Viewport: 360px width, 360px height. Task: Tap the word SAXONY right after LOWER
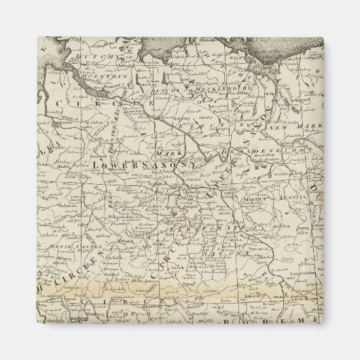pos(169,164)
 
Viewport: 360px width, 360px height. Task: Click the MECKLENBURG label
pos(204,88)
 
